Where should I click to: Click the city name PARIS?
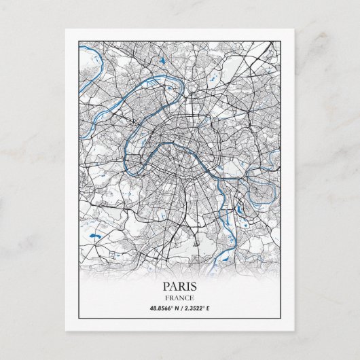pyautogui.click(x=180, y=286)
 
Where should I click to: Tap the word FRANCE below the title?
pyautogui.click(x=180, y=298)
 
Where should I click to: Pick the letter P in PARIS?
pyautogui.click(x=166, y=286)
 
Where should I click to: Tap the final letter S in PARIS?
pyautogui.click(x=194, y=286)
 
